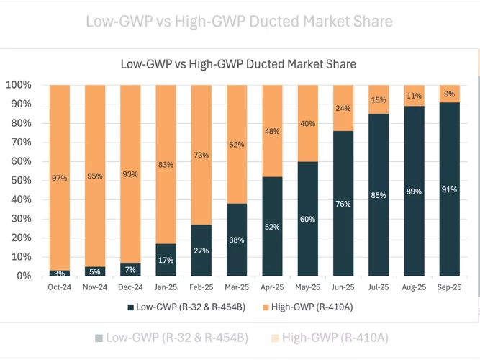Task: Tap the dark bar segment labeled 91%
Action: tap(450, 189)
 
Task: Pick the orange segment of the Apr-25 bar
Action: tap(273, 131)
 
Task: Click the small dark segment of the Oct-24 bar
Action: tap(60, 273)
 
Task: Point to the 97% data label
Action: tap(60, 178)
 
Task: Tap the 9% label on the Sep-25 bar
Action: tap(450, 94)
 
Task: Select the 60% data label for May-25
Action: tap(308, 219)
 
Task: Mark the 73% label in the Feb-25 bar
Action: tap(201, 155)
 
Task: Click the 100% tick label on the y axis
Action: tap(19, 85)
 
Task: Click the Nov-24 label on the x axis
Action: tap(95, 287)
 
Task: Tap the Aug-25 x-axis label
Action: tap(414, 287)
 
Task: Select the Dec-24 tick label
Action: tap(130, 287)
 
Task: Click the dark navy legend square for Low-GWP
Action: tap(130, 307)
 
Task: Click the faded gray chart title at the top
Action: tap(239, 21)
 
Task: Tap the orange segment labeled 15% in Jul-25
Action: tap(379, 99)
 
